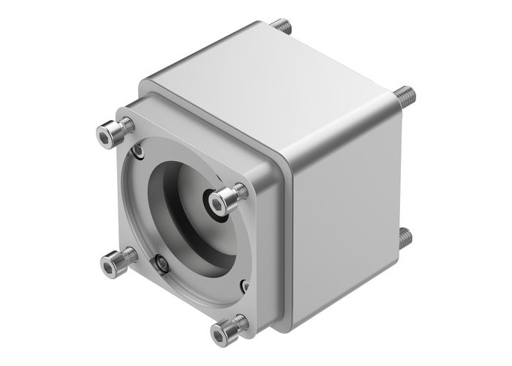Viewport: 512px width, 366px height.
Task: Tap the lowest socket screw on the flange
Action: click(x=228, y=329)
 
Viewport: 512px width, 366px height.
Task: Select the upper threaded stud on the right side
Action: click(x=404, y=94)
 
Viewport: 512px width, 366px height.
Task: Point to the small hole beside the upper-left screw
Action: click(x=138, y=152)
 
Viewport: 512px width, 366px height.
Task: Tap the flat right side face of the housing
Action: click(x=344, y=220)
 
